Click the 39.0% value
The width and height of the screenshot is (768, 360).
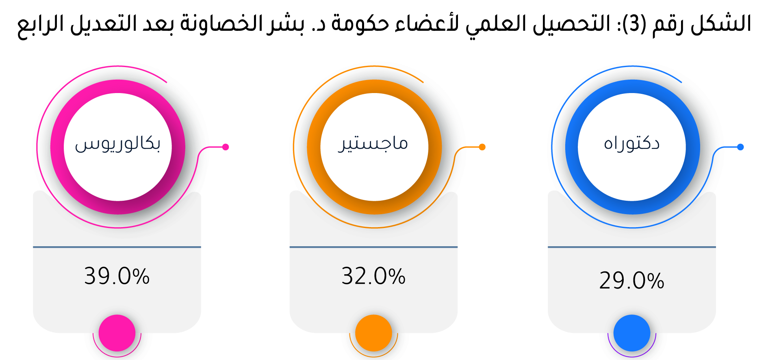[x=117, y=276]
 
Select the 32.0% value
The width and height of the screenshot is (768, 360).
[x=373, y=276]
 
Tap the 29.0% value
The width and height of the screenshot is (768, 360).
[x=632, y=280]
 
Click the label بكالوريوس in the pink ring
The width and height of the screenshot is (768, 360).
[x=118, y=144]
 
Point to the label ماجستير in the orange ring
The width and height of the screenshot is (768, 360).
[x=373, y=144]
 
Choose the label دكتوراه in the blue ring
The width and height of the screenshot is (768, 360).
[x=632, y=144]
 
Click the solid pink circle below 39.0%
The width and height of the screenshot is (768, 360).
[x=117, y=333]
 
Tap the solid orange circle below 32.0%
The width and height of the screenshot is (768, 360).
[x=373, y=333]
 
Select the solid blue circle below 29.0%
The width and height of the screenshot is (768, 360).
[x=632, y=333]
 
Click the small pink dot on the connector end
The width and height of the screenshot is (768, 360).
[x=226, y=147]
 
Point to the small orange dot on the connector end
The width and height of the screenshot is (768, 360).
[x=482, y=147]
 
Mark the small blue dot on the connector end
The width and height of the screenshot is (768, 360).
[x=740, y=147]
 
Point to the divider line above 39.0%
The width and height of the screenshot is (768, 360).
[x=117, y=247]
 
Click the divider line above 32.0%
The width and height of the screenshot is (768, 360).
[x=373, y=247]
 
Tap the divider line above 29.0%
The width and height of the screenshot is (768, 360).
[x=632, y=247]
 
